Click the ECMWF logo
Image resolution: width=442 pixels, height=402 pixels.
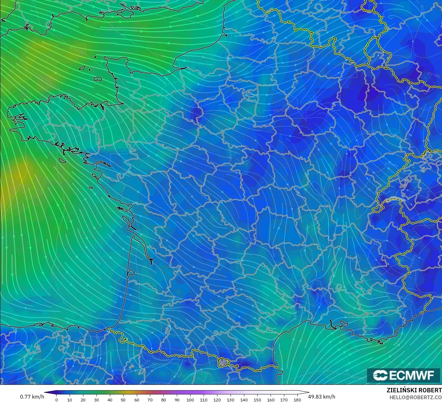403,375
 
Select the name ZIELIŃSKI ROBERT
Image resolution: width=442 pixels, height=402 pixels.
414,390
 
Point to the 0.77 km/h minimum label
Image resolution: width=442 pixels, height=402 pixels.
32,397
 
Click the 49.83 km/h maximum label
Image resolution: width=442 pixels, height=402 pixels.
321,397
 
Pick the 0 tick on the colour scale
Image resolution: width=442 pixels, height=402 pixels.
56,400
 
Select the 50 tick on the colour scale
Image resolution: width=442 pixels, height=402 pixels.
123,400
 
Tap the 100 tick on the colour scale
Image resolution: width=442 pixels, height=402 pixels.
190,400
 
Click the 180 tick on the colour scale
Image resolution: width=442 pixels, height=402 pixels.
297,400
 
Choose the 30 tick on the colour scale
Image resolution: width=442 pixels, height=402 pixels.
96,400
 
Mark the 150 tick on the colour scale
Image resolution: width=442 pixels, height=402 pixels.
257,400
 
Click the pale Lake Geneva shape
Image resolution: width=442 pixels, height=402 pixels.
394,200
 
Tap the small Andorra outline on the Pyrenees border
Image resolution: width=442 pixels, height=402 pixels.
224,362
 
